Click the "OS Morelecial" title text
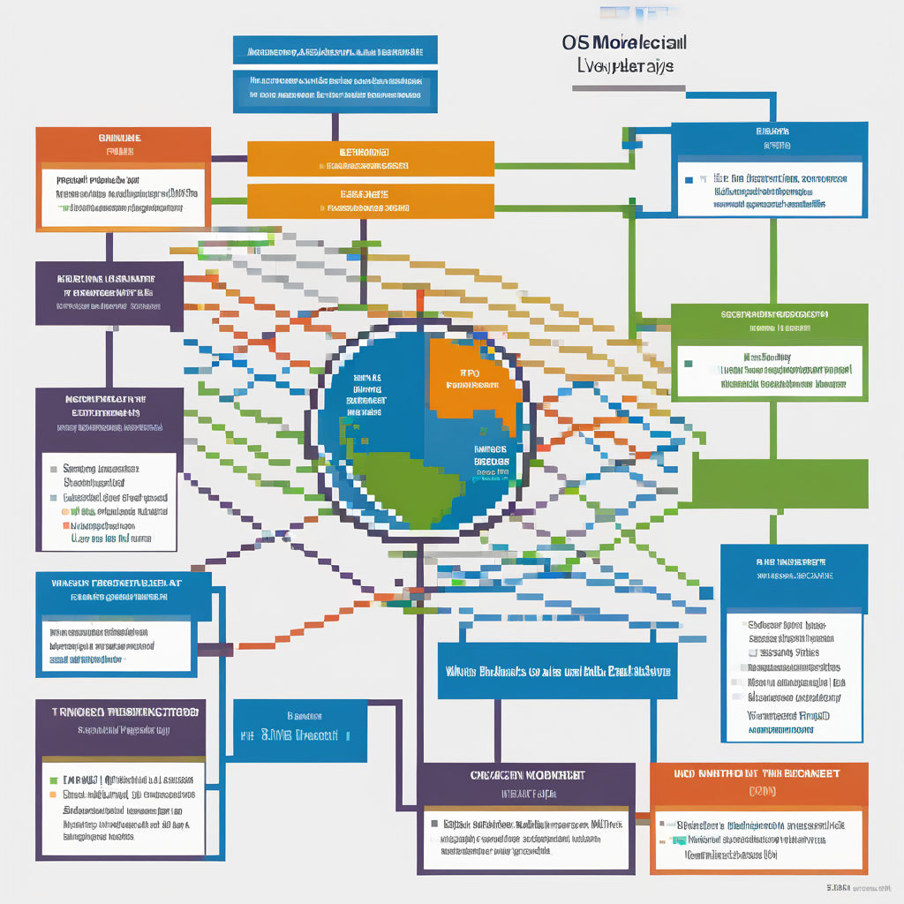[x=624, y=42]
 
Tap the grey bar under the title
[x=629, y=88]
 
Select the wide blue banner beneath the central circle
[x=559, y=671]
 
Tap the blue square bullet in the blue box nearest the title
[x=689, y=179]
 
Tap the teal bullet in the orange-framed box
[x=679, y=840]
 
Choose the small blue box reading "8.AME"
[x=300, y=731]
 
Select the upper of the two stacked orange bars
[x=370, y=158]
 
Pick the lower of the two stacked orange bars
[x=370, y=200]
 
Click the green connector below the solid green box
[x=772, y=527]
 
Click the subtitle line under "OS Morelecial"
[x=625, y=67]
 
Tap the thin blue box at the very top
[x=335, y=49]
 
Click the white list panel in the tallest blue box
[x=792, y=675]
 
